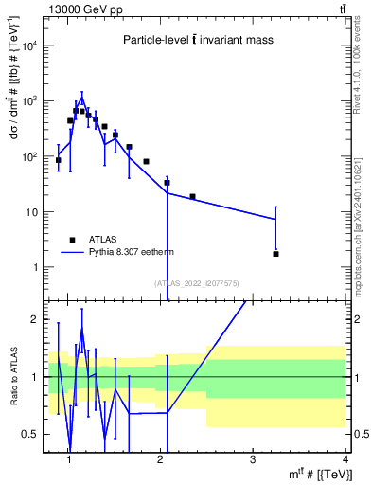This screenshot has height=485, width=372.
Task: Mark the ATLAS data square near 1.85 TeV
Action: tap(146, 162)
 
